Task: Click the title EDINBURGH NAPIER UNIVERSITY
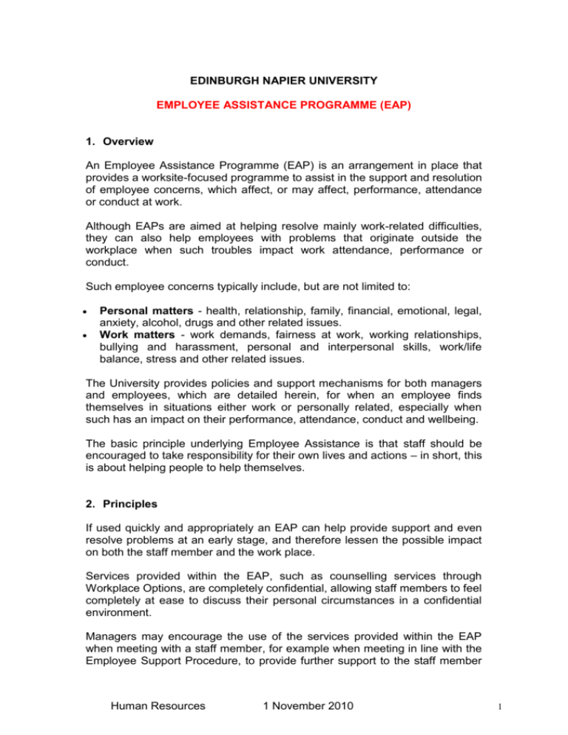tap(283, 73)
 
